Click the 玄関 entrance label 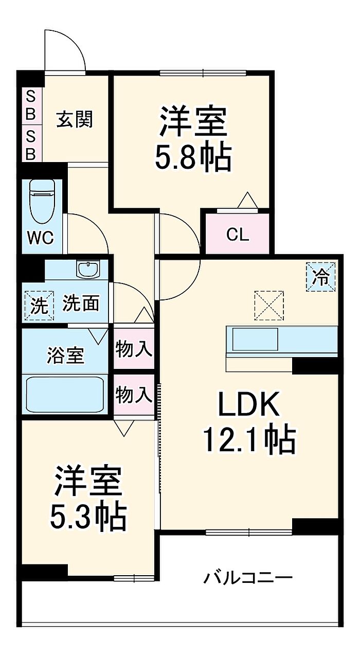(75, 119)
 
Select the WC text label (41, 238)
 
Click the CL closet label (238, 235)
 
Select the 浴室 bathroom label (65, 355)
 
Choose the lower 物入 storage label (134, 395)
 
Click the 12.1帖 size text (249, 440)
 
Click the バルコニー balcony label (248, 578)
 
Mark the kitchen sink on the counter (255, 339)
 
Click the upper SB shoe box (31, 104)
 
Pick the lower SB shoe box (31, 145)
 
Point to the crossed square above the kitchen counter (269, 305)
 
